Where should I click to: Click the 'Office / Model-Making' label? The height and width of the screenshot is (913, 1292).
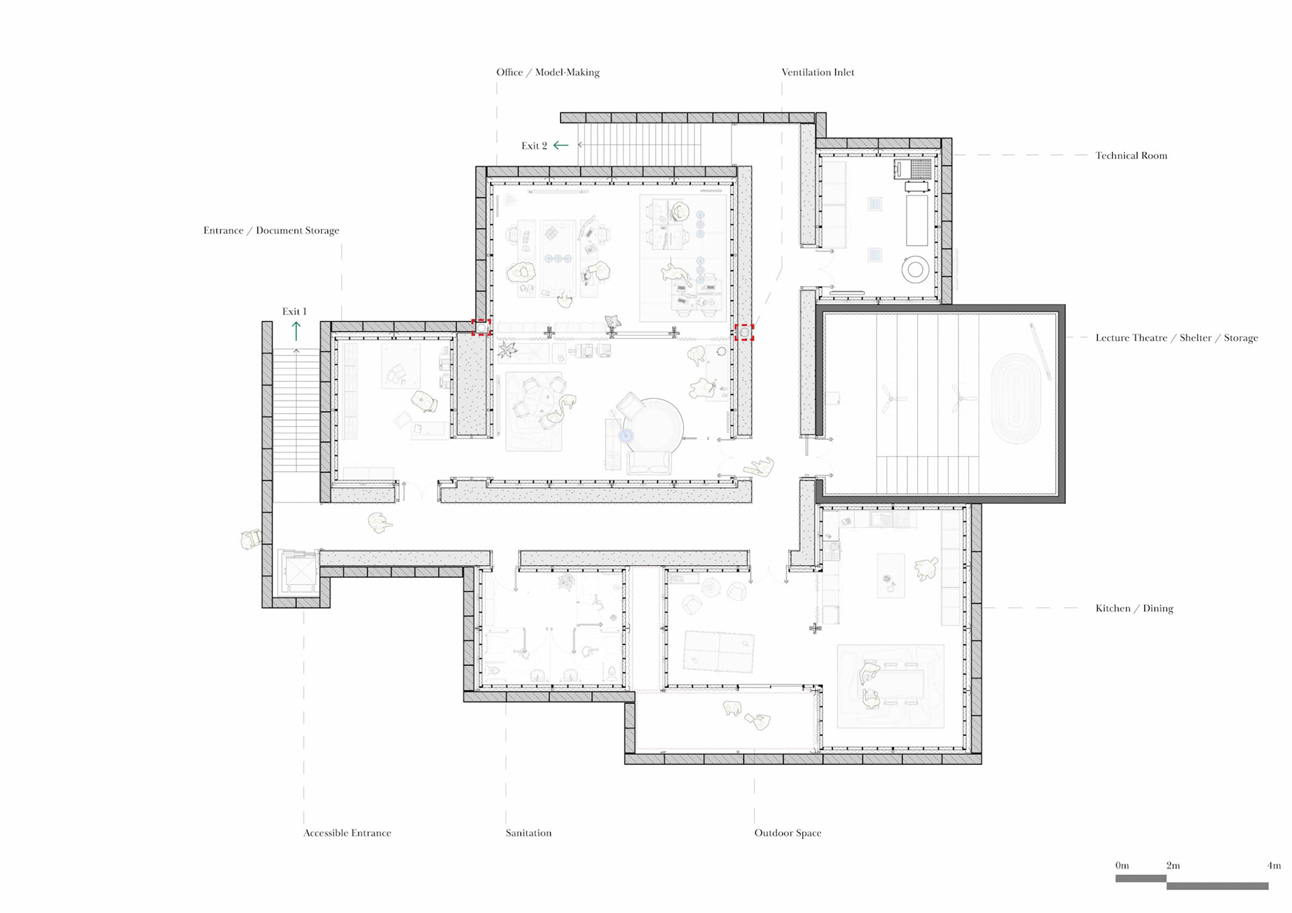(548, 73)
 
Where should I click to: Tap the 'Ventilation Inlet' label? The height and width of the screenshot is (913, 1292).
(818, 73)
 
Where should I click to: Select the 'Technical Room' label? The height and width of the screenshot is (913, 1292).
(1131, 155)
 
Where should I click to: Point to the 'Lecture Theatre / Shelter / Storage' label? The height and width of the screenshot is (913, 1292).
(1176, 338)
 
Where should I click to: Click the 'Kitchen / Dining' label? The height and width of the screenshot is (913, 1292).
(1134, 608)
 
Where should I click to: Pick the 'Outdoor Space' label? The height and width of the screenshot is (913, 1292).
(787, 833)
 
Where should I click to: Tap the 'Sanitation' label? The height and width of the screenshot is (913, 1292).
(528, 833)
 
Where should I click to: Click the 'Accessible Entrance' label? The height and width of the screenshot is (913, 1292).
(347, 833)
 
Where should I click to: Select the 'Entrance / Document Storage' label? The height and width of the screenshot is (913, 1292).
(271, 230)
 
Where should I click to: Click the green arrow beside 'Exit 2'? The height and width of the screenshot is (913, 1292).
(561, 145)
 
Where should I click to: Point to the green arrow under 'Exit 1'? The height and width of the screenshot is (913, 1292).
(296, 331)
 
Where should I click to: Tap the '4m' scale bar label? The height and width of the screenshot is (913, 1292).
(1274, 866)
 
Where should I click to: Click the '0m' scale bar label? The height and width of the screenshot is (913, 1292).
(1122, 866)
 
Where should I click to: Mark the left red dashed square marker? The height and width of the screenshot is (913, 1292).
(480, 327)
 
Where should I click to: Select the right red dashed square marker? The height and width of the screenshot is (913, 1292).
(744, 332)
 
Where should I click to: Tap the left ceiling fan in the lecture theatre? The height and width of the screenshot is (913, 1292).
(891, 398)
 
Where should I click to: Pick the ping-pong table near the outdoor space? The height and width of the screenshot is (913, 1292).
(719, 651)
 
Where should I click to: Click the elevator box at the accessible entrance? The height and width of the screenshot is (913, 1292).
(299, 573)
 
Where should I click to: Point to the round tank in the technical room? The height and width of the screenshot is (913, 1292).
(915, 270)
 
